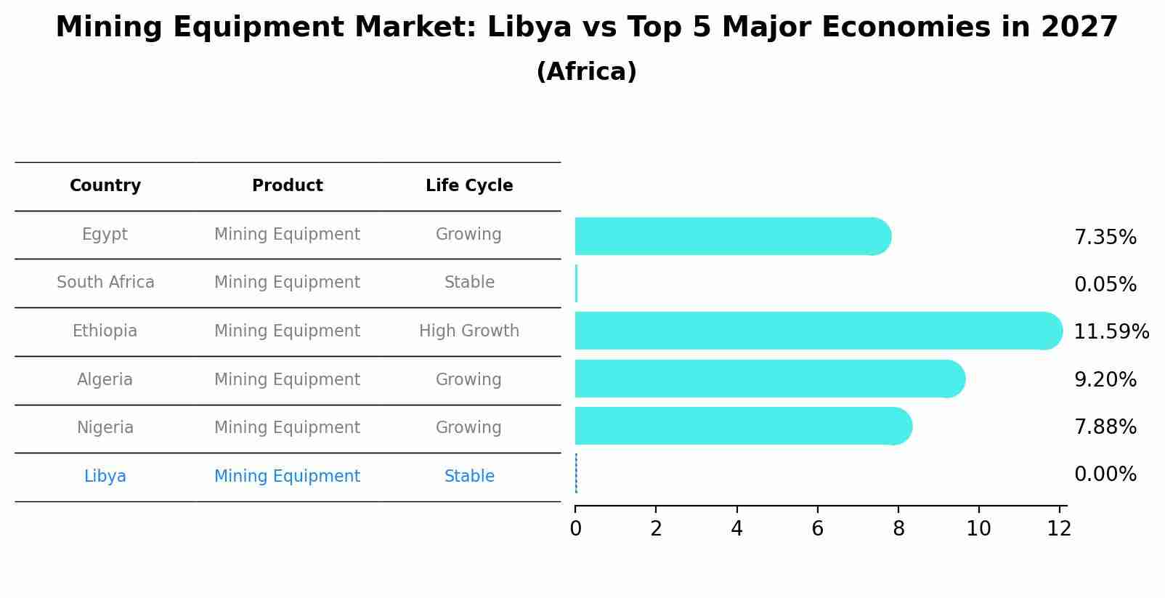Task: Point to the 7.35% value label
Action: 1105,238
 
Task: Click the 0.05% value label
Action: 1105,285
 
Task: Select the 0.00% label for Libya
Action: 1105,474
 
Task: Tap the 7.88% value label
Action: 1105,427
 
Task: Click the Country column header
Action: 105,186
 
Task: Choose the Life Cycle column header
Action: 469,186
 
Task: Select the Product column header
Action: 287,186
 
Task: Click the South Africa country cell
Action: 105,283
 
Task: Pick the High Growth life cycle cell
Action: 469,331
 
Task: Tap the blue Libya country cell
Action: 105,477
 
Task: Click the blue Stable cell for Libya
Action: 469,477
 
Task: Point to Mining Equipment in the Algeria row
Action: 287,380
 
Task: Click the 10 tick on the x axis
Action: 978,529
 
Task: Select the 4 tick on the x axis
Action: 736,529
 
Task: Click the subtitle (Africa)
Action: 586,72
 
